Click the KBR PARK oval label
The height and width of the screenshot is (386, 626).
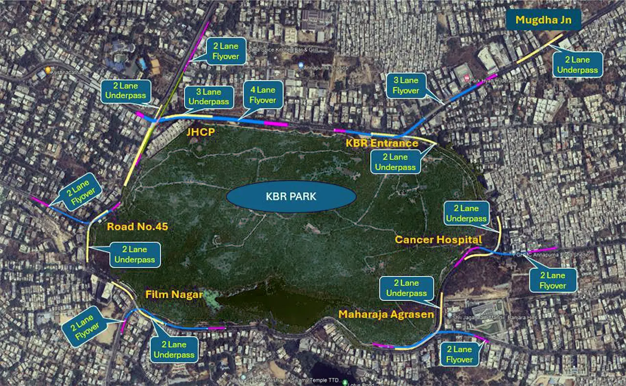291,197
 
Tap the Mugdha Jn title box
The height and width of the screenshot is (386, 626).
543,21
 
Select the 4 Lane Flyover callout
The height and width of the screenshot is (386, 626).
263,95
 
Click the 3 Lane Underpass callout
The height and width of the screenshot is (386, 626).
209,97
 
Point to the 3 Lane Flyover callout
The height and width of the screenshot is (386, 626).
405,85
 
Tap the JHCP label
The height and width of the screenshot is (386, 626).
200,132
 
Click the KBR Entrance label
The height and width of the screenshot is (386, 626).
382,143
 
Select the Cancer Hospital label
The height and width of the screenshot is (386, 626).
438,239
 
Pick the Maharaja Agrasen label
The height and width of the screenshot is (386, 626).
386,314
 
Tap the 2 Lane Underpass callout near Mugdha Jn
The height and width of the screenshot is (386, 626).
577,64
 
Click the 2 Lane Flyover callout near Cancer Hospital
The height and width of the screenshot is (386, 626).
553,280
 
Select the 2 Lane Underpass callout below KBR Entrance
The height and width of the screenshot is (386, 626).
395,162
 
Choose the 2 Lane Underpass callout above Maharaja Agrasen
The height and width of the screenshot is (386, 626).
406,288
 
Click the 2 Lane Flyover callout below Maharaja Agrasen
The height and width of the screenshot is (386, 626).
459,354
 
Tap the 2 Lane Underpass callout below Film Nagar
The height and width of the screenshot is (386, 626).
174,349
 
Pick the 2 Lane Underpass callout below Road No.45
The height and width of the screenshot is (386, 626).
134,255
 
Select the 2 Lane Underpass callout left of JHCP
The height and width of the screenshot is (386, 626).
125,91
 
